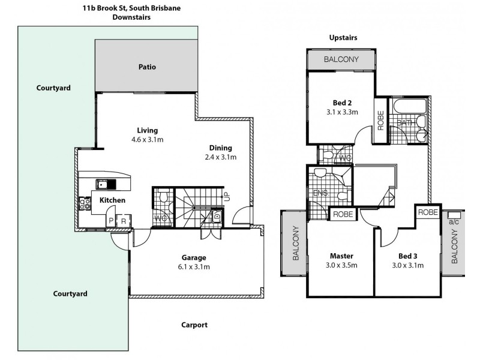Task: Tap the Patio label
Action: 147,67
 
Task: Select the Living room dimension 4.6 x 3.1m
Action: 147,139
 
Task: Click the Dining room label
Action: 220,148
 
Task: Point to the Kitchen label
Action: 112,200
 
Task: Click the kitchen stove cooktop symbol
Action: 84,205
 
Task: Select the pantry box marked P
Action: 110,221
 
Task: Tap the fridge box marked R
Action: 123,221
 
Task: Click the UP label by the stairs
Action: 226,195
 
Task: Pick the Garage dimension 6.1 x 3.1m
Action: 194,267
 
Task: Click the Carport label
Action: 194,325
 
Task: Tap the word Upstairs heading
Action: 343,37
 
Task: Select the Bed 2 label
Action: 341,102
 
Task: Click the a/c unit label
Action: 453,221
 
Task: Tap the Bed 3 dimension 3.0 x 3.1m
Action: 408,265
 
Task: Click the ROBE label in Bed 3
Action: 427,212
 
